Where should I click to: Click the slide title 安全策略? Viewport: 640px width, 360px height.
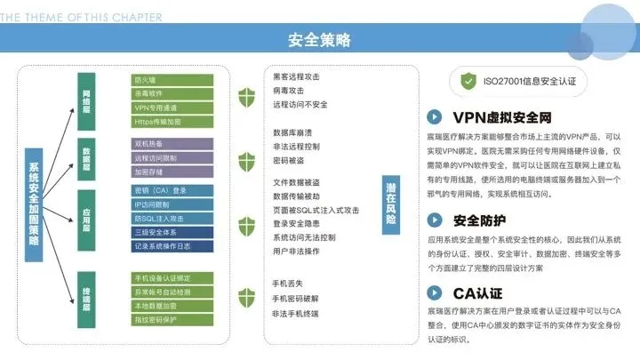pos(319,40)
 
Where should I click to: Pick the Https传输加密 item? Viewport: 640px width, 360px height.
pos(169,120)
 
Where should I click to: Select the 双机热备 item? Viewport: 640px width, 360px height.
pos(169,143)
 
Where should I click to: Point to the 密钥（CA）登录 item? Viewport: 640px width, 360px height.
pos(169,190)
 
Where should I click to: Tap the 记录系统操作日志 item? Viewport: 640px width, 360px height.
pos(169,244)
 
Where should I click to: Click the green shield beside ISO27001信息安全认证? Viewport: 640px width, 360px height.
pos(468,81)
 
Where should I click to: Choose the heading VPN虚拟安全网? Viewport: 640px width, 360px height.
pos(502,116)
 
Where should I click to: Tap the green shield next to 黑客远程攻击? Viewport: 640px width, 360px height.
pos(246,92)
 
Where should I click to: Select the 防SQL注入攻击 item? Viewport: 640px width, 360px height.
pos(169,218)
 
